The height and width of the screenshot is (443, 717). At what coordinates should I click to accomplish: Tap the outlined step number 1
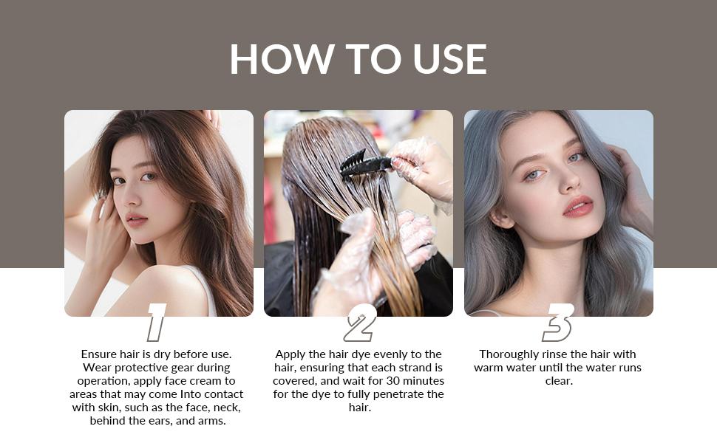(x=156, y=323)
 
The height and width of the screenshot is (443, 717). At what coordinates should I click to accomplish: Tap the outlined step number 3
(x=559, y=323)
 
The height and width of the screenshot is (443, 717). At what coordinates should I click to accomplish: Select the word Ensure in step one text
(x=99, y=354)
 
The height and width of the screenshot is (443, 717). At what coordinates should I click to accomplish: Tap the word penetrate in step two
(x=398, y=394)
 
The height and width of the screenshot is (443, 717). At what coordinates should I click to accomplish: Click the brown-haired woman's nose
(x=134, y=198)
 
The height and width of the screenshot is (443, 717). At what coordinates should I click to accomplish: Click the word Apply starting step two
(x=291, y=354)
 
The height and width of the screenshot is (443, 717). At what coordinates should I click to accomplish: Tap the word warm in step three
(x=490, y=368)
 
